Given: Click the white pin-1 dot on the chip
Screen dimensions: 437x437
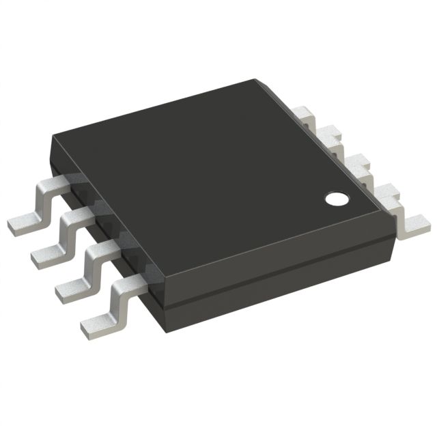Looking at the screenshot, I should click(336, 199).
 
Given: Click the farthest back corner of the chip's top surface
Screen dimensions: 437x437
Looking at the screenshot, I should click(258, 81).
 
